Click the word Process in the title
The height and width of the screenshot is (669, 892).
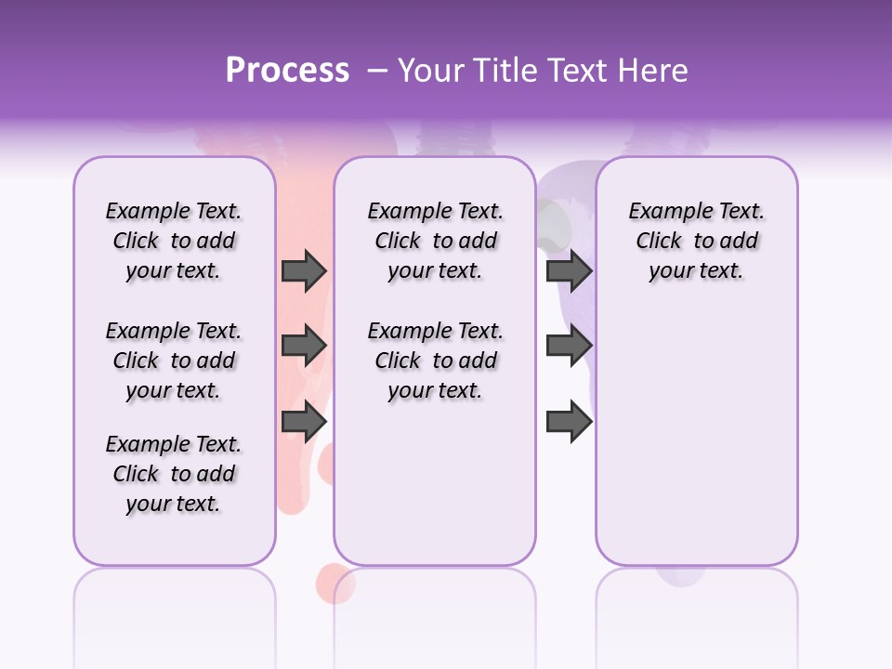tap(287, 71)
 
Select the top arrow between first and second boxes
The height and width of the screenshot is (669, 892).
tap(304, 270)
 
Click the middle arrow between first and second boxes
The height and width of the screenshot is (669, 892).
tap(304, 346)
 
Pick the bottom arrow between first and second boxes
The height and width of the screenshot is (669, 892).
tap(304, 421)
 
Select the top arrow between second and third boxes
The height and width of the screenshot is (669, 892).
tap(569, 270)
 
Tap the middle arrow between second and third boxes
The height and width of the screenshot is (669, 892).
tap(569, 346)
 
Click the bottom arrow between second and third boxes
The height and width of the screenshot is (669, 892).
tap(569, 421)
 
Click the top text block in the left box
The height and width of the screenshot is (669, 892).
tap(174, 241)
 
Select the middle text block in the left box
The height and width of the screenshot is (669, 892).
tap(174, 361)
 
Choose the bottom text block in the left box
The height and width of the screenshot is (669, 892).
tap(174, 474)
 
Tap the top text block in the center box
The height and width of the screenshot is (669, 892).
tap(435, 241)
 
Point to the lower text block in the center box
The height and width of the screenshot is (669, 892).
tap(435, 361)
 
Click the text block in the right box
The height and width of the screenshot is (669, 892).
tap(697, 241)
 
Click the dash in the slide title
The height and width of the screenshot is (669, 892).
tap(377, 71)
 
